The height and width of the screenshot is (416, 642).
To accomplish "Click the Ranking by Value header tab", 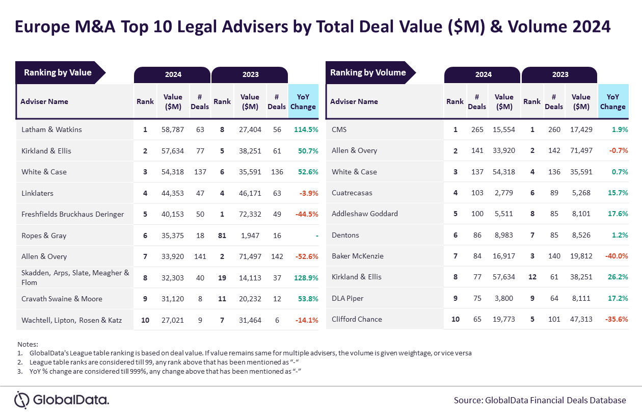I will (58, 73).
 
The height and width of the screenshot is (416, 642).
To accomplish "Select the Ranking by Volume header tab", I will (368, 73).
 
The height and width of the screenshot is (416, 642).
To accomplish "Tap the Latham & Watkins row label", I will (51, 129).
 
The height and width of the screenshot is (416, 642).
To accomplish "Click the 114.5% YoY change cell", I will (306, 129).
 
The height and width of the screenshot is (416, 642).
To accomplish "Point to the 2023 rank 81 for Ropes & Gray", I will (222, 236).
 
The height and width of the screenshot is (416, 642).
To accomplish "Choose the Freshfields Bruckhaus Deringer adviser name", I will (72, 214).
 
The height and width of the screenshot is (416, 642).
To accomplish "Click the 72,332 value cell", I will (250, 214).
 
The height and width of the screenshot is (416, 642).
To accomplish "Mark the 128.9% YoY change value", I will (306, 278).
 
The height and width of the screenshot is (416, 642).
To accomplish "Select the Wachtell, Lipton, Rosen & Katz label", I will (72, 320).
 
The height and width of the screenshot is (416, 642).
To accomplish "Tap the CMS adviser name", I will (339, 129).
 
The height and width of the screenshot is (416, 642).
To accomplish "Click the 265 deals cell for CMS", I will (477, 129).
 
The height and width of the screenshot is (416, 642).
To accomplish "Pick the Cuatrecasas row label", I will (352, 193).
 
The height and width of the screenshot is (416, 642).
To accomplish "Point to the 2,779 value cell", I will (504, 193).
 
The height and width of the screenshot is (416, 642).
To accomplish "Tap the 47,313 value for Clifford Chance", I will (581, 320).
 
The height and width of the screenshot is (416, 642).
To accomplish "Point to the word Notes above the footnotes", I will (28, 345).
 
